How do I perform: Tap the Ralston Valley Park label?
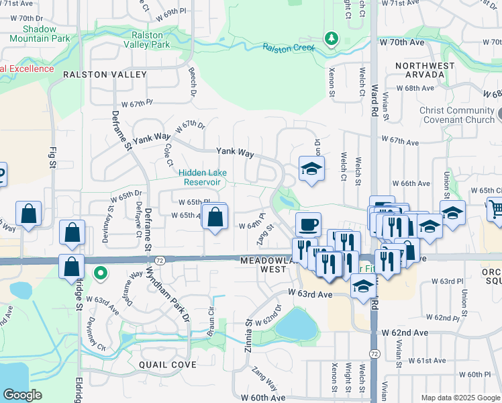147,40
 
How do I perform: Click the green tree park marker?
330,38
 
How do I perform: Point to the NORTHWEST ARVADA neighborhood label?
420,70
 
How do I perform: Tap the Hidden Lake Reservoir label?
203,177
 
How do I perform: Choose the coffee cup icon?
308,224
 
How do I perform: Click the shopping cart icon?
497,210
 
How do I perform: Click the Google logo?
22,394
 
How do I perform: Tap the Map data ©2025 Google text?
460,398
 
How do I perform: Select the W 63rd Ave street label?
311,294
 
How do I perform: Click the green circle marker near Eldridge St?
100,273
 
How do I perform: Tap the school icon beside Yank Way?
311,169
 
